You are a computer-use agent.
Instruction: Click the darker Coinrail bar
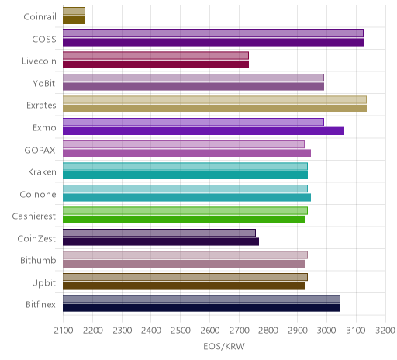[x=74, y=20]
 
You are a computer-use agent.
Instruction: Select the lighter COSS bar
[x=213, y=33]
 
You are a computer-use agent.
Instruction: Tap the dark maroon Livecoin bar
[x=156, y=64]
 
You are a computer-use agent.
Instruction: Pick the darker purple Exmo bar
[x=204, y=131]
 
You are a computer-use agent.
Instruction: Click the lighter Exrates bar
[x=215, y=100]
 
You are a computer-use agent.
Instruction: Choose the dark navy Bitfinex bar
[x=202, y=308]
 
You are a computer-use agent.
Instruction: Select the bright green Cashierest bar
[x=184, y=220]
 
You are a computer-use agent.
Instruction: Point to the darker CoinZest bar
[x=161, y=242]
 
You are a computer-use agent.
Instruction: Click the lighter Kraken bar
[x=185, y=166]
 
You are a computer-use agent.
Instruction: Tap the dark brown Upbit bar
[x=184, y=286]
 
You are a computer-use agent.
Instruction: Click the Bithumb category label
[x=38, y=260]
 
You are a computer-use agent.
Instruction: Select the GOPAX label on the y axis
[x=40, y=150]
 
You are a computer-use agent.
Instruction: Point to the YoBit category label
[x=44, y=83]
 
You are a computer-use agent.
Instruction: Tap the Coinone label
[x=38, y=194]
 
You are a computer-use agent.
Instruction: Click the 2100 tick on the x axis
[x=64, y=331]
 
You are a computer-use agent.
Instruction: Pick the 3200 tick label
[x=385, y=331]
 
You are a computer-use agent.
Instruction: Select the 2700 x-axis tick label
[x=239, y=331]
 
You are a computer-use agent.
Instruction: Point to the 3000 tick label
[x=326, y=331]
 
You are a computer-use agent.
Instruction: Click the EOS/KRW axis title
[x=224, y=346]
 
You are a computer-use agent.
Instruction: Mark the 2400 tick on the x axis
[x=151, y=331]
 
